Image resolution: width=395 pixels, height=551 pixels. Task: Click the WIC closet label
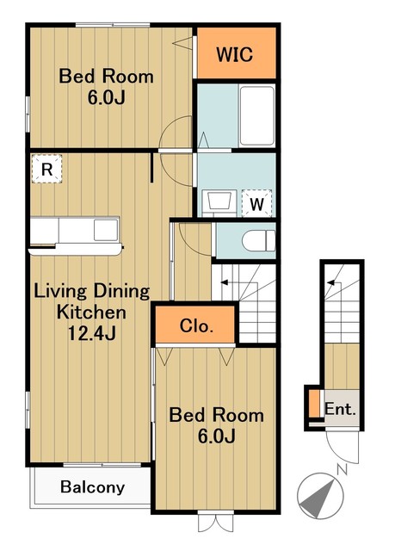(x=234, y=54)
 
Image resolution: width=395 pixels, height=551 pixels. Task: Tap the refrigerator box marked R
(x=46, y=169)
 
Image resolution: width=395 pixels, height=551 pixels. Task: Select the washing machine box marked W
(x=257, y=203)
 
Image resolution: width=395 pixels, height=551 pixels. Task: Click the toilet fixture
(x=259, y=241)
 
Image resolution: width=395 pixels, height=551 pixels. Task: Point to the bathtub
(x=257, y=115)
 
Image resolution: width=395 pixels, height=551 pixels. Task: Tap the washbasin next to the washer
(x=219, y=203)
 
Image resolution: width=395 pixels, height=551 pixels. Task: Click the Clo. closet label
(x=196, y=325)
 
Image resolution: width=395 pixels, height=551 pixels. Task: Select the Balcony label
(x=92, y=487)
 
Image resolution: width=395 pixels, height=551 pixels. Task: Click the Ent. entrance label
(x=340, y=409)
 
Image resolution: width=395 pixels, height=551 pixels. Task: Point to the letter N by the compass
(x=342, y=469)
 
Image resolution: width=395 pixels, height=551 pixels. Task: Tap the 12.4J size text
(x=91, y=333)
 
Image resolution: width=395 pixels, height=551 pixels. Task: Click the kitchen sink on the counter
(x=106, y=230)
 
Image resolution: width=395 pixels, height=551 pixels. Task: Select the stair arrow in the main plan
(x=226, y=282)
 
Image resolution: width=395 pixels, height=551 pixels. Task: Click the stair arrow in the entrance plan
(x=334, y=282)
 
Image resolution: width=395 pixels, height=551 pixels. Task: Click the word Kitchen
(x=91, y=312)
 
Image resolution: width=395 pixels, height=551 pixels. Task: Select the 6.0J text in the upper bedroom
(x=106, y=97)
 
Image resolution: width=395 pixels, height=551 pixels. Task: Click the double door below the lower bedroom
(x=216, y=523)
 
